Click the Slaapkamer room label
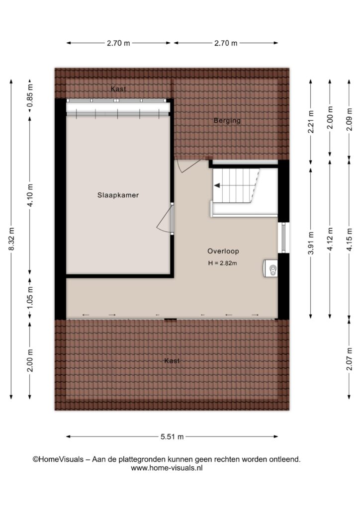(118, 195)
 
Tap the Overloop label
(223, 251)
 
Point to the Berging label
(227, 121)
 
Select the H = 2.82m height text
(222, 263)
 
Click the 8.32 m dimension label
(11, 239)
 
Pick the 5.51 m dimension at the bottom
(172, 436)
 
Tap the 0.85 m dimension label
(30, 95)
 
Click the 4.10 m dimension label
(30, 195)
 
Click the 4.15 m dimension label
(349, 239)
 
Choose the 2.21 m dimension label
(311, 122)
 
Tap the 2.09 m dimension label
(349, 119)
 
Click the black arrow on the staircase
(217, 185)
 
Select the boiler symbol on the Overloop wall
(270, 268)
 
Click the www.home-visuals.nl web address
(167, 468)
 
